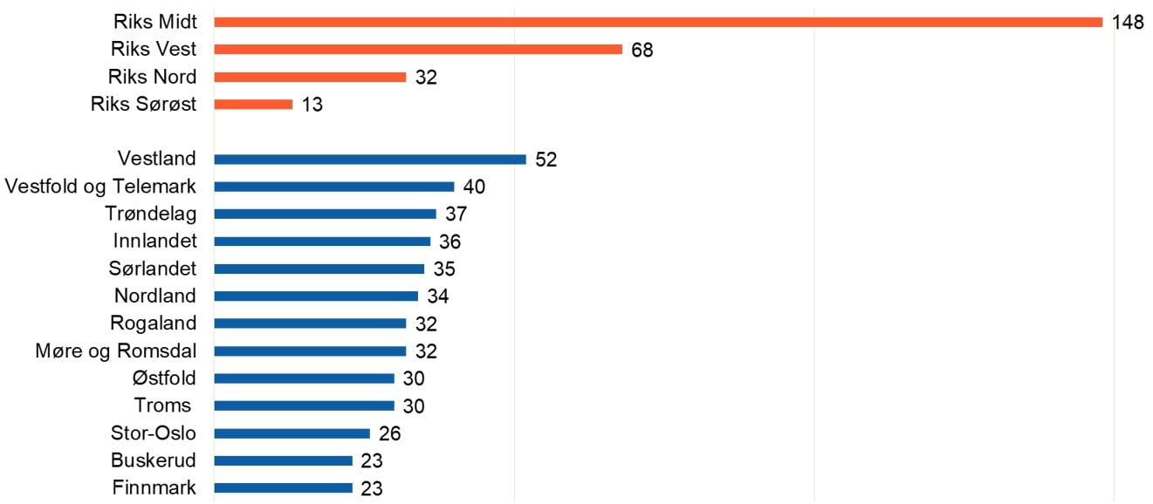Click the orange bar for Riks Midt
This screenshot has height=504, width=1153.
658,22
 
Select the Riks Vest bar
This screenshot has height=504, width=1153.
417,50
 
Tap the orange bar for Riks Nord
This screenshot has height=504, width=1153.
310,77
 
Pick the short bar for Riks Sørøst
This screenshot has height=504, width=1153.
253,105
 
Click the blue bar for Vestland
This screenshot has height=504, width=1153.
369,160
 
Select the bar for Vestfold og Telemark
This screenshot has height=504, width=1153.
333,187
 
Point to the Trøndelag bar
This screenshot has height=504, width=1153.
325,214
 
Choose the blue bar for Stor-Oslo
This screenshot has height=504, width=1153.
292,433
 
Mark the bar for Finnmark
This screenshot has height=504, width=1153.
283,488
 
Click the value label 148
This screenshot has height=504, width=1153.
1128,23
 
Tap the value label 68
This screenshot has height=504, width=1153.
642,51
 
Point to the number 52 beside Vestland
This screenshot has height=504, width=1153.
546,160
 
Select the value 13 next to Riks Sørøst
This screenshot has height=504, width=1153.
312,106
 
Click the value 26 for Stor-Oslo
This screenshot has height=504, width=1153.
390,434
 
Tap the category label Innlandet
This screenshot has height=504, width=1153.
154,242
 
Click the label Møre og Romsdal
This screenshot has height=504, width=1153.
116,351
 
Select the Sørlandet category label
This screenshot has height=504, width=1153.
154,269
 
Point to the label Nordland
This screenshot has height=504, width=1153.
155,296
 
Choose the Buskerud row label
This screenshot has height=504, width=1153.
154,460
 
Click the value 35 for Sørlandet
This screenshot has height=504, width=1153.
444,269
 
